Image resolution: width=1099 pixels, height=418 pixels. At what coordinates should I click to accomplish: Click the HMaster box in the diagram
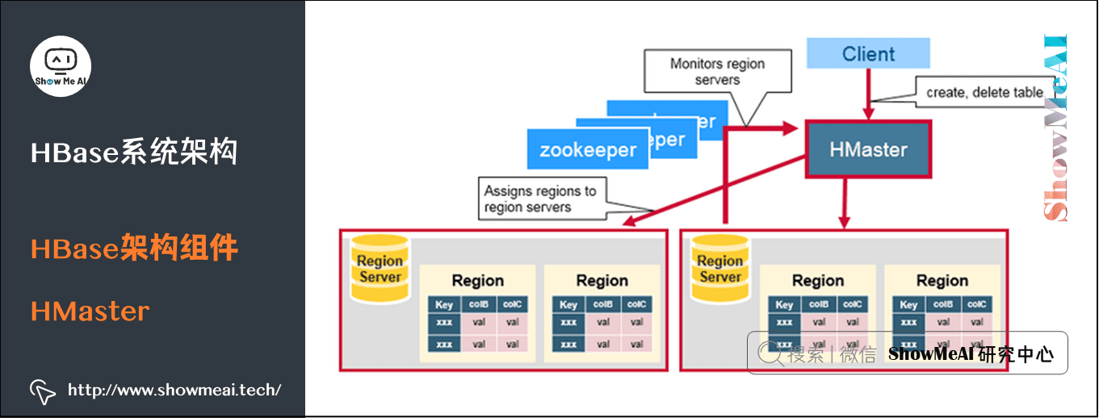coord(868,149)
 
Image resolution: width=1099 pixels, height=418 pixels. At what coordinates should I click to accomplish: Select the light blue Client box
coord(868,54)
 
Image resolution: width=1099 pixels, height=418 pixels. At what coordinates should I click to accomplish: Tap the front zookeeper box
coord(587,150)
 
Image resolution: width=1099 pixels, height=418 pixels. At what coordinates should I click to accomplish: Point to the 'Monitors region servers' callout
coord(717,72)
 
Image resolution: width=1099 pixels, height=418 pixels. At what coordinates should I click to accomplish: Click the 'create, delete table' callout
coord(984,92)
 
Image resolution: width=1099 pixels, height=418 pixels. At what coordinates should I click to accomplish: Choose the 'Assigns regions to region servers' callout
coord(540,199)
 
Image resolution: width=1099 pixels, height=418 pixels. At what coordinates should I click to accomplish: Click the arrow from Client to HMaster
coord(869,94)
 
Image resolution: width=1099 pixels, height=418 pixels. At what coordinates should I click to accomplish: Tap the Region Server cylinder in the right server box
coord(720,269)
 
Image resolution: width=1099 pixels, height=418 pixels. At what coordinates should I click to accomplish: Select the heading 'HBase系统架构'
coord(134,152)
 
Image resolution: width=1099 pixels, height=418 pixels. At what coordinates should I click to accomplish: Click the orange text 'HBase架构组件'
coord(134,249)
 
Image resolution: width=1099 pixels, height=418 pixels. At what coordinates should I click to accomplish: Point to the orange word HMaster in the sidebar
coord(90,311)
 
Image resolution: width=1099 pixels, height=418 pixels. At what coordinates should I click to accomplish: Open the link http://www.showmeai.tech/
coord(174,391)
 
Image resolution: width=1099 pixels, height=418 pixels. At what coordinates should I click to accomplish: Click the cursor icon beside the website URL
coord(42,391)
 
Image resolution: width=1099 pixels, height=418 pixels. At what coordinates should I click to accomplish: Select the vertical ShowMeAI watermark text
coord(1056,129)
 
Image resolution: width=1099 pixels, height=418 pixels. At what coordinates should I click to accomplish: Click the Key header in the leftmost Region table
coord(444,305)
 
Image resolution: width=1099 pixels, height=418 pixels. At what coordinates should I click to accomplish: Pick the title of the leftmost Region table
coord(477,281)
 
